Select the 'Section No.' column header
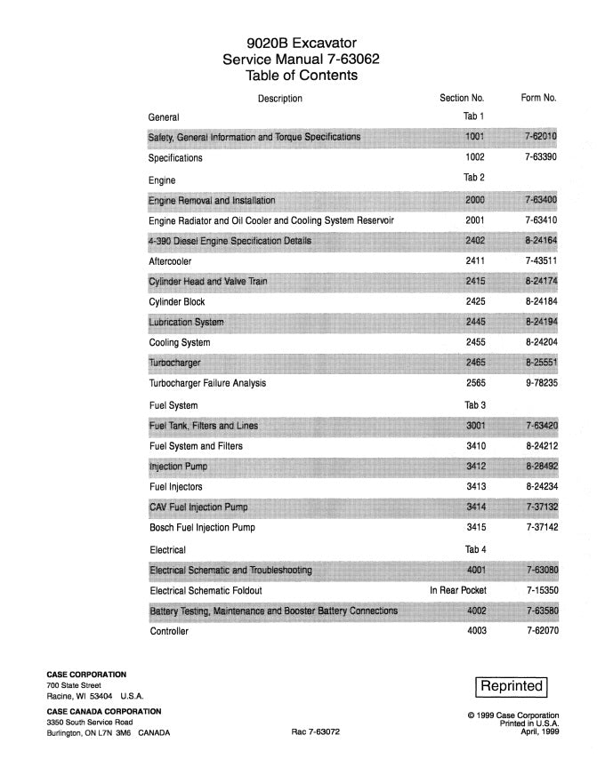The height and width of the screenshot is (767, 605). pos(462,98)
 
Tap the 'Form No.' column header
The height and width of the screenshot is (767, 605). pos(538,98)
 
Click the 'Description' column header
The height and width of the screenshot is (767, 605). pos(279,99)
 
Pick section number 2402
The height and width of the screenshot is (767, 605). pos(475,241)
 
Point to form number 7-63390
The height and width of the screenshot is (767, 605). pos(541,158)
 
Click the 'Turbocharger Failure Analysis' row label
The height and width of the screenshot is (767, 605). pos(207,384)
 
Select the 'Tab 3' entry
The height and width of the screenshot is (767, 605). pos(474,405)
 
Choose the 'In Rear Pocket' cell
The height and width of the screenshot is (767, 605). pos(458,590)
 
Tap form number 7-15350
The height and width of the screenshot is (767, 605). pos(541,590)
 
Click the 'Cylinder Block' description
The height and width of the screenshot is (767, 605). pos(177,302)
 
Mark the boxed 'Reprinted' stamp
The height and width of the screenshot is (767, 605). pos(512,686)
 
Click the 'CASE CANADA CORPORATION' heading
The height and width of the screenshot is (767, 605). pos(104,711)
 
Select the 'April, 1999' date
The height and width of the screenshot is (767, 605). pos(537,733)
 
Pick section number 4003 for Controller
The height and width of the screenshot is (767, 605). pos(475,631)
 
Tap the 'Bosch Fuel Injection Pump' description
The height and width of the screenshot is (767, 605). pos(202,528)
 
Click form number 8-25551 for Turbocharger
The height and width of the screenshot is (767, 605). pos(541,364)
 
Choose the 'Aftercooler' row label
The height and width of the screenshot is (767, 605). pos(170,262)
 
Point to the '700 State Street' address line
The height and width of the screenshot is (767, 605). pos(74,685)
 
